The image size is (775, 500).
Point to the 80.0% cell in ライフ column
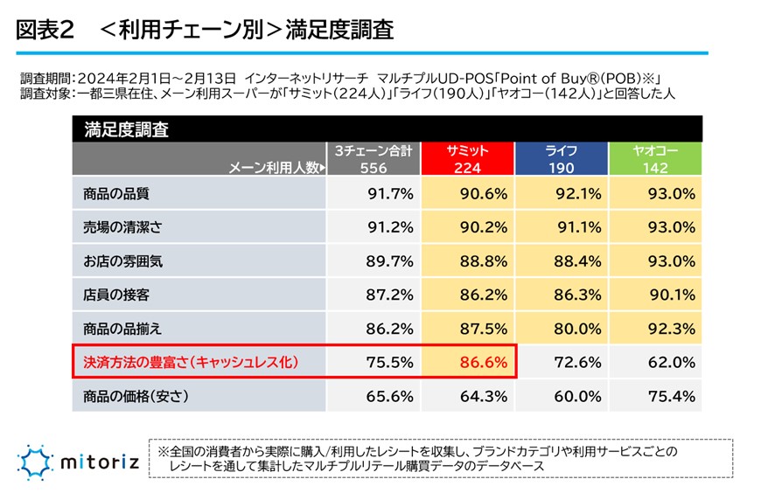(x=576, y=329)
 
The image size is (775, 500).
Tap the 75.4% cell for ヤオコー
(x=670, y=396)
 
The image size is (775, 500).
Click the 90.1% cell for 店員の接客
(x=670, y=295)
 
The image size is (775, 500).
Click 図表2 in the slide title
(x=44, y=30)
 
